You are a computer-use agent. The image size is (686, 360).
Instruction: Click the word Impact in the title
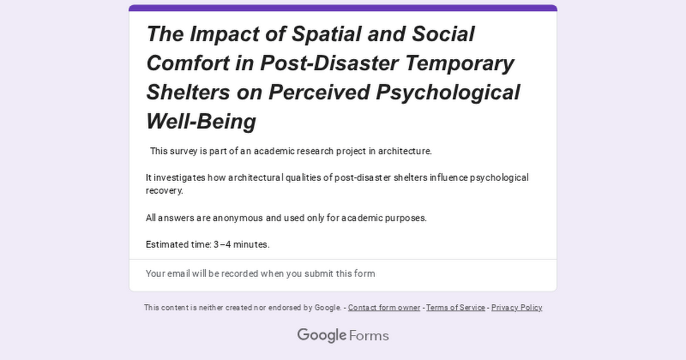[225, 34]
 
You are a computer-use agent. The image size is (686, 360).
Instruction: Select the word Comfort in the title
[188, 63]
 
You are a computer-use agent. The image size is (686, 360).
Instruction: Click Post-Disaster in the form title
[329, 63]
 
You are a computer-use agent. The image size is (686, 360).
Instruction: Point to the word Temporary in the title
[460, 63]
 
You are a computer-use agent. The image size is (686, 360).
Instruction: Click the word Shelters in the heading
[188, 92]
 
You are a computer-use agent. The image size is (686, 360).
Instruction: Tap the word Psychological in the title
[448, 93]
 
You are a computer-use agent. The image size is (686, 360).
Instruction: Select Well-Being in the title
[201, 121]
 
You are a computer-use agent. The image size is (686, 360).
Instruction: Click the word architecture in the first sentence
[405, 151]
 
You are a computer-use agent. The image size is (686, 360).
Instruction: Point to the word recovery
[165, 191]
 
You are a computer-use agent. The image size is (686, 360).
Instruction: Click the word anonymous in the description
[238, 218]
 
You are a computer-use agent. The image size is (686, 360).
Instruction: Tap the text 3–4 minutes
[241, 245]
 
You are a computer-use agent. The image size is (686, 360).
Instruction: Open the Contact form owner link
[384, 307]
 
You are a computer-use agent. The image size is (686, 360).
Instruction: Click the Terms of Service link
[456, 307]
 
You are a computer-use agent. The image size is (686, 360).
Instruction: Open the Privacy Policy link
[517, 307]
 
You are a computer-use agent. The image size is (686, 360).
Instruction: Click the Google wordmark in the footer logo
[321, 335]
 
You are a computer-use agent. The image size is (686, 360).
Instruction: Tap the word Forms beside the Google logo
[369, 336]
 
